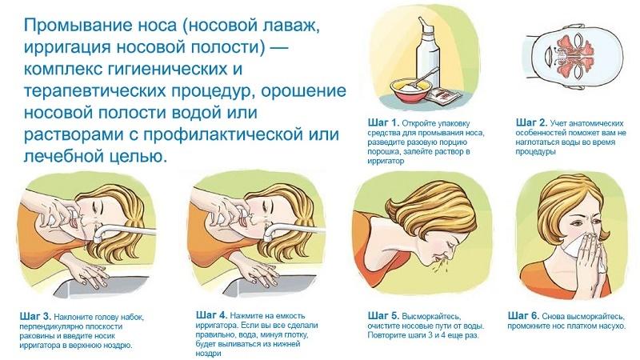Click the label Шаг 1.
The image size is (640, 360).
click(x=381, y=122)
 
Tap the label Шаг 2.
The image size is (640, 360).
click(x=533, y=122)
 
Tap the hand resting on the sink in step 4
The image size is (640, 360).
click(x=268, y=276)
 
